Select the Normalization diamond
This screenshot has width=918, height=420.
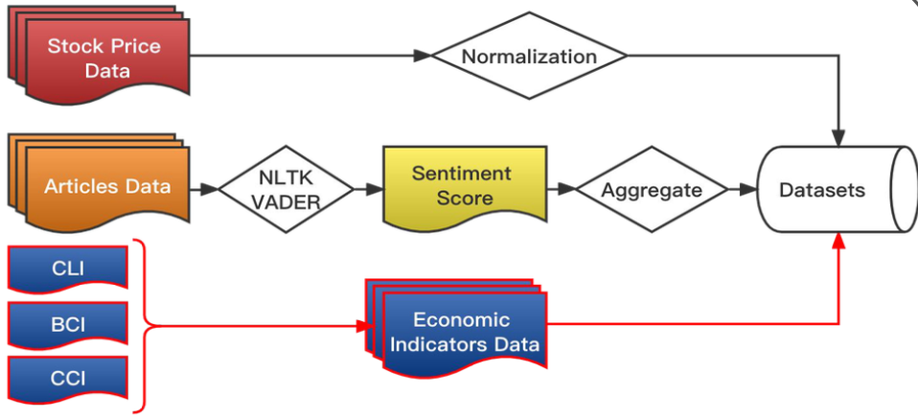(x=529, y=56)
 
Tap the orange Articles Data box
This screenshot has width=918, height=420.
(x=106, y=186)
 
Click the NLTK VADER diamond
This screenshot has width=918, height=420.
(x=285, y=189)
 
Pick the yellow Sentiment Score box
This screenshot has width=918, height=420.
(x=462, y=186)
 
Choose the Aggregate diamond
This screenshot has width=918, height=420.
(x=651, y=189)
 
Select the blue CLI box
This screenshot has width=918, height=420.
(x=67, y=268)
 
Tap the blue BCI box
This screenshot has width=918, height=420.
(x=67, y=324)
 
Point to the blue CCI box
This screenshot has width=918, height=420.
(x=67, y=379)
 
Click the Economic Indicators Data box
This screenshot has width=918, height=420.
(x=463, y=332)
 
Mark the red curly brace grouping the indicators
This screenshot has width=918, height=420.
(x=144, y=325)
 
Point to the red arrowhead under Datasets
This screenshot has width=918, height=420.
(x=839, y=241)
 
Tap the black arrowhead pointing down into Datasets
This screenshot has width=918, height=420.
(x=839, y=139)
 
